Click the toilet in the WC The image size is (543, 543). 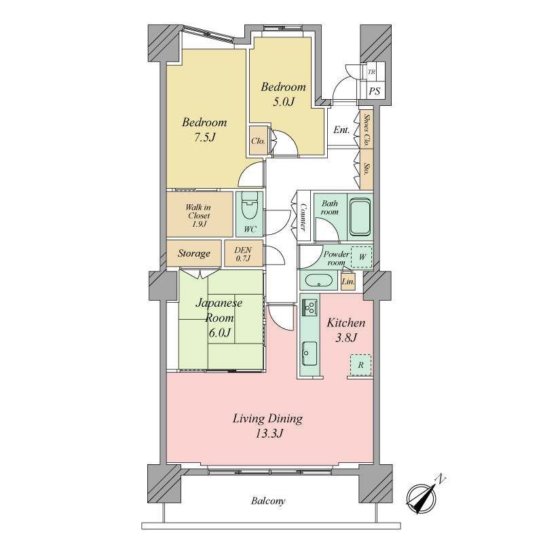coord(249,206)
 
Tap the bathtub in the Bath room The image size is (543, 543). coord(360,217)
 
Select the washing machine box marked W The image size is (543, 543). coord(362,257)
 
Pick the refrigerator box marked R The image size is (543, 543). coord(360,365)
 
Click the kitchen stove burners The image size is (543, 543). coord(310,307)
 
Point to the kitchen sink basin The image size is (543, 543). coord(310,354)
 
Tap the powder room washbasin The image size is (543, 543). coord(318,280)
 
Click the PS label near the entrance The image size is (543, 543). coord(375,91)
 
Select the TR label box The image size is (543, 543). coord(371,72)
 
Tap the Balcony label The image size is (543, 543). coord(268,501)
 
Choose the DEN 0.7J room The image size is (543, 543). coord(243,254)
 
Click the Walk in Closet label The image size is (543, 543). coord(198,215)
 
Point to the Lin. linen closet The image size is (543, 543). coord(348,282)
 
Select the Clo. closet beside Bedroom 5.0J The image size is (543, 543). coord(259,141)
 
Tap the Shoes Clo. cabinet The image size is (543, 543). coord(367,130)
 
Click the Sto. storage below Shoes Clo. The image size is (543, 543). coord(367,169)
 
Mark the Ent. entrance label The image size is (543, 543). coord(341,130)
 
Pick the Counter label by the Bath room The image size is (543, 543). coord(303,217)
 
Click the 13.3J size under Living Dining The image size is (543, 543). coord(269,434)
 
